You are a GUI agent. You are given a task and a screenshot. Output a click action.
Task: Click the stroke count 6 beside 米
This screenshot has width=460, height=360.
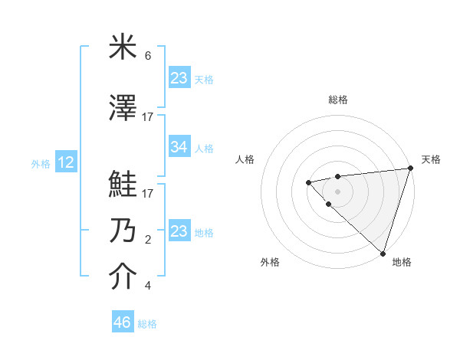[x=148, y=57]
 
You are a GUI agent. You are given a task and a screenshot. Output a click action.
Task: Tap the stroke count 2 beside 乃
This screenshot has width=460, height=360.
[x=148, y=240]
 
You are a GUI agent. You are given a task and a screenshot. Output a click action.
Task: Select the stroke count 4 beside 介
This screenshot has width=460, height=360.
[x=148, y=286]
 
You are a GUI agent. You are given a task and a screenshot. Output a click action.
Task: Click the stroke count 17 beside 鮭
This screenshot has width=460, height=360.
[x=148, y=194]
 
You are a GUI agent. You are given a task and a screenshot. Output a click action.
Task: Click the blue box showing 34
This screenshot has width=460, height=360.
[x=179, y=147]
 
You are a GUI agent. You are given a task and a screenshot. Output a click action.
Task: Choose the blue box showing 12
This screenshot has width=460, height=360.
[x=66, y=162]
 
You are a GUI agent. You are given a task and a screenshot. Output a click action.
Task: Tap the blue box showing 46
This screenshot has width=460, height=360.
[x=122, y=322]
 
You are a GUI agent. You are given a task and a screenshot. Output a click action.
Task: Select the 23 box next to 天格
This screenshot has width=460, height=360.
[x=179, y=78]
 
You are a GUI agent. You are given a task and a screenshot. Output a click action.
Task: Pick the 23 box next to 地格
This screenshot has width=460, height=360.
[x=179, y=231]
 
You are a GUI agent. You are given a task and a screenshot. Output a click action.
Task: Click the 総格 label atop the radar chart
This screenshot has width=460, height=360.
[x=338, y=100]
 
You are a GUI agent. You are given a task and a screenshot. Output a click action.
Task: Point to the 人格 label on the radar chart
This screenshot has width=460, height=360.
[x=245, y=159]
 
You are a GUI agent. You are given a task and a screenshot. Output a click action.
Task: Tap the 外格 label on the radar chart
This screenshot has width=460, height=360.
[x=270, y=262]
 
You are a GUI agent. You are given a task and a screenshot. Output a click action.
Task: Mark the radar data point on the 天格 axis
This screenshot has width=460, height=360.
[x=409, y=168]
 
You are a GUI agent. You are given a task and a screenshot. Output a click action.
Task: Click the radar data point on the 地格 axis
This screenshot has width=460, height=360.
[x=383, y=253]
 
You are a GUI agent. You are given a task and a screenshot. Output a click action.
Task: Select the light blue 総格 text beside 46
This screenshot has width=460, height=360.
[x=147, y=324]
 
